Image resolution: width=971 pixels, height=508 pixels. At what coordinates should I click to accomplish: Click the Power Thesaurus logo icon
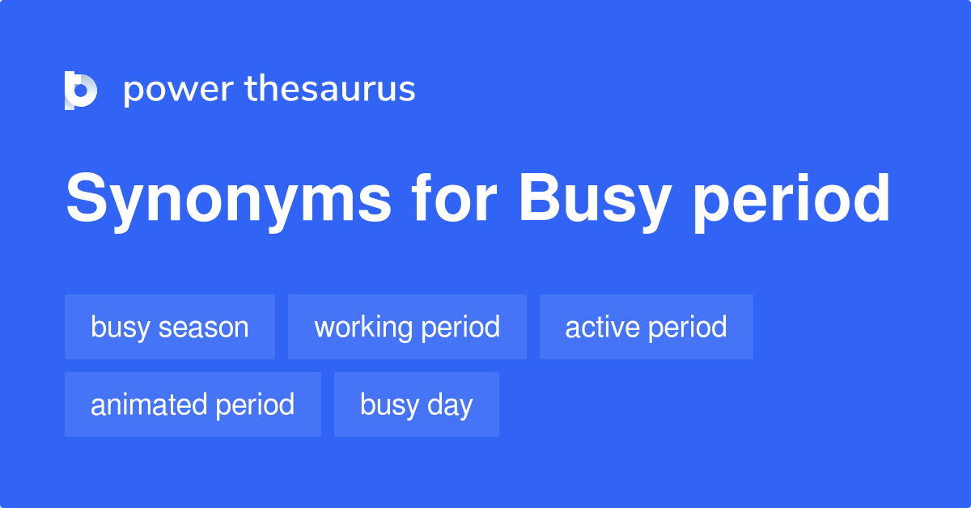(81, 90)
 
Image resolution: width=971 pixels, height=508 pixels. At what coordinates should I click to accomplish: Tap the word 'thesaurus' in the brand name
(330, 90)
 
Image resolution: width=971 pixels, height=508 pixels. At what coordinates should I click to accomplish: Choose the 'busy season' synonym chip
(170, 327)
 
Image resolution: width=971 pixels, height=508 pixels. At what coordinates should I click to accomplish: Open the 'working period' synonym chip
(407, 327)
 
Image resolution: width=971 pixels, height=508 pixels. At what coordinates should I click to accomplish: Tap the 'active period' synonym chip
(646, 327)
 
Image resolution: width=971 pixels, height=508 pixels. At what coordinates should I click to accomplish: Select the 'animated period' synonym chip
(193, 404)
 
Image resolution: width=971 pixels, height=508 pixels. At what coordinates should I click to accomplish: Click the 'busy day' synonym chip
(417, 404)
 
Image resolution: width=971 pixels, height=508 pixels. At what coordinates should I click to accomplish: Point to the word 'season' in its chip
(204, 328)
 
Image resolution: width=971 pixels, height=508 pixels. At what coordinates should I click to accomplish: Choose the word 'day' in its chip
(454, 405)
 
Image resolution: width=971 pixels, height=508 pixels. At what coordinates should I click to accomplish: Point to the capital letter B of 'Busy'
(537, 199)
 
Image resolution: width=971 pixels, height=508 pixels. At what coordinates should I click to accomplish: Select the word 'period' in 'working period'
(464, 328)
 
